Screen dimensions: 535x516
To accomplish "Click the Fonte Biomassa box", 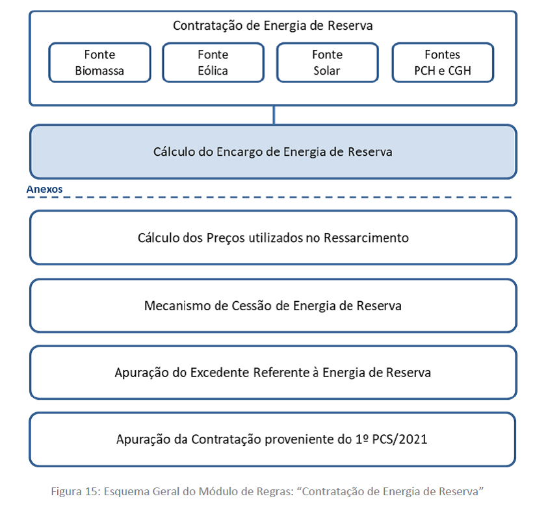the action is pyautogui.click(x=99, y=62).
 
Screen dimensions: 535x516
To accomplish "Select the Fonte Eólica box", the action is pyautogui.click(x=213, y=62).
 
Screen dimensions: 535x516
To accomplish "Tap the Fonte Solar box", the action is pyautogui.click(x=328, y=62).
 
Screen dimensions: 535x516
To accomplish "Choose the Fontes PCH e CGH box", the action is pyautogui.click(x=443, y=62).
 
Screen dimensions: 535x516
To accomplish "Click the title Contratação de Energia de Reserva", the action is pyautogui.click(x=272, y=25).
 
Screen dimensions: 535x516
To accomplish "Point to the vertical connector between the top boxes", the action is pyautogui.click(x=274, y=115).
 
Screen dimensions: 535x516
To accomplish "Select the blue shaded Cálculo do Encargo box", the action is pyautogui.click(x=273, y=152).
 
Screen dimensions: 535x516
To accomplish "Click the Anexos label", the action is pyautogui.click(x=44, y=189).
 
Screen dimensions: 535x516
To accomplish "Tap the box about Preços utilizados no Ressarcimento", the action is pyautogui.click(x=273, y=238).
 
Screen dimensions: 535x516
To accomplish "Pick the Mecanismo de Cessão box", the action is pyautogui.click(x=273, y=306).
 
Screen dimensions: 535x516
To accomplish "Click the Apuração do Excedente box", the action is pyautogui.click(x=273, y=373).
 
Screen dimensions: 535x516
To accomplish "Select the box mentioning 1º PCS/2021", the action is pyautogui.click(x=272, y=439).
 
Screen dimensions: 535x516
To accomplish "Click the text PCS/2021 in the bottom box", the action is pyautogui.click(x=400, y=439).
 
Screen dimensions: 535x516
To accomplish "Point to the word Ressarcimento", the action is pyautogui.click(x=366, y=238).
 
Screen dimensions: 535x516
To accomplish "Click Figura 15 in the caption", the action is pyautogui.click(x=76, y=491).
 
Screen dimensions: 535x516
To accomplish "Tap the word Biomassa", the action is pyautogui.click(x=99, y=71).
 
